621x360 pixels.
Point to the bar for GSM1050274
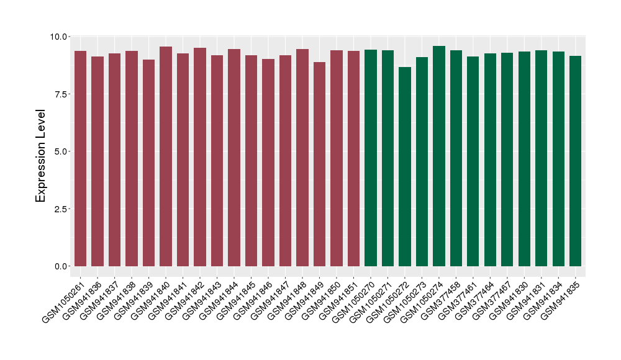[x=439, y=156]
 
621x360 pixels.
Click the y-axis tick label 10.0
[x=60, y=37]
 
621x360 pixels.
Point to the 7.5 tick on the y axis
[x=60, y=94]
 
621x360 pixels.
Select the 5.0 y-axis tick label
[x=60, y=151]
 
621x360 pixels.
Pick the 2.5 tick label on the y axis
[x=60, y=209]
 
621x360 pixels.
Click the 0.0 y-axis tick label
[x=60, y=266]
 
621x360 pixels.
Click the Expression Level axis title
[x=41, y=156]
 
